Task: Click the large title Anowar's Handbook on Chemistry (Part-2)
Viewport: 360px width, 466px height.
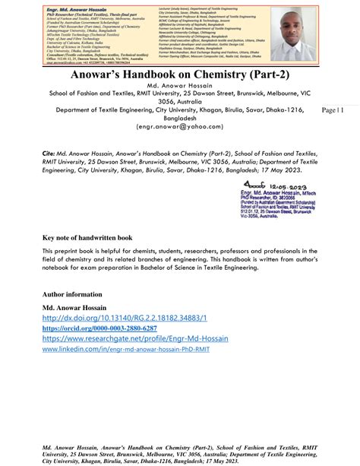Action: [x=179, y=76]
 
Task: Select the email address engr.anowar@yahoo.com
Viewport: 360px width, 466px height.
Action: [x=179, y=148]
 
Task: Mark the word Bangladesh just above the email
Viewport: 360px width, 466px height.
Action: [x=179, y=138]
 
